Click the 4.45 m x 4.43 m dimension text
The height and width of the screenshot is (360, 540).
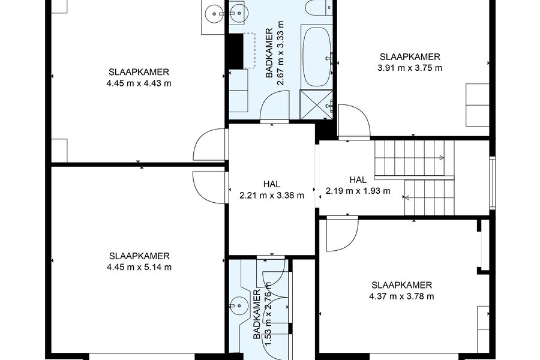tap(139, 83)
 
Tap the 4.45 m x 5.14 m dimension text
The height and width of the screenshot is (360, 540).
tap(139, 268)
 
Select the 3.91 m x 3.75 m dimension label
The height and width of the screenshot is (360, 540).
tap(410, 68)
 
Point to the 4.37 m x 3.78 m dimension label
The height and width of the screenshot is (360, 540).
tap(401, 296)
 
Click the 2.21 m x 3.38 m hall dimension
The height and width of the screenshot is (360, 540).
tap(272, 196)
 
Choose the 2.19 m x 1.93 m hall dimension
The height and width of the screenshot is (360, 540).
tap(358, 191)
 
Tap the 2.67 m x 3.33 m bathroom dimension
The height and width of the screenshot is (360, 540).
tap(281, 53)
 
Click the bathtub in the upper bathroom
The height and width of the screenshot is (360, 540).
tap(317, 56)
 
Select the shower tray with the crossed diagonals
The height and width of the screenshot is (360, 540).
tap(317, 104)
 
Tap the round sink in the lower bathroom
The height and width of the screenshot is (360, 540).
tap(238, 305)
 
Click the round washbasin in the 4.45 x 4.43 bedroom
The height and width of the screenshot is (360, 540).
tap(214, 14)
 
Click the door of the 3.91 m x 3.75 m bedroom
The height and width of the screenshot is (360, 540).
tap(354, 121)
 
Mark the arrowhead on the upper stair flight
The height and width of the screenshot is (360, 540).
tap(442, 158)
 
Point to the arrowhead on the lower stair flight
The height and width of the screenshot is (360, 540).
tap(406, 197)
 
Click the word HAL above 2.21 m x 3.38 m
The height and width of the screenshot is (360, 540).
tap(272, 184)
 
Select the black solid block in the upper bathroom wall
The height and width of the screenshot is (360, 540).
tap(236, 51)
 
